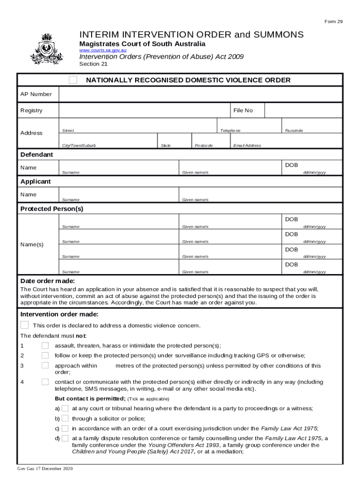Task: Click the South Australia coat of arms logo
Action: [46, 49]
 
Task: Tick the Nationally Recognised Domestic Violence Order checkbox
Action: [73, 80]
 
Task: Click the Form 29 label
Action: [333, 22]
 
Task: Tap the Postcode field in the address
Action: [210, 141]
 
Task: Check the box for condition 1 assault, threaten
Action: [45, 346]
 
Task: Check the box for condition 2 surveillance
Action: [45, 356]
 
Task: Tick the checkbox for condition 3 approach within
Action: [45, 366]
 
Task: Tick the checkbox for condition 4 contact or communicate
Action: [45, 382]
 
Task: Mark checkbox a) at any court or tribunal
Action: [65, 408]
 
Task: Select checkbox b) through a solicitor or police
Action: [65, 419]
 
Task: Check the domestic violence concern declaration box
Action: [24, 325]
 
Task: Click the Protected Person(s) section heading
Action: [51, 209]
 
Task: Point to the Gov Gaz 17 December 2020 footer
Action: [45, 469]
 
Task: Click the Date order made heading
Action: [48, 281]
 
